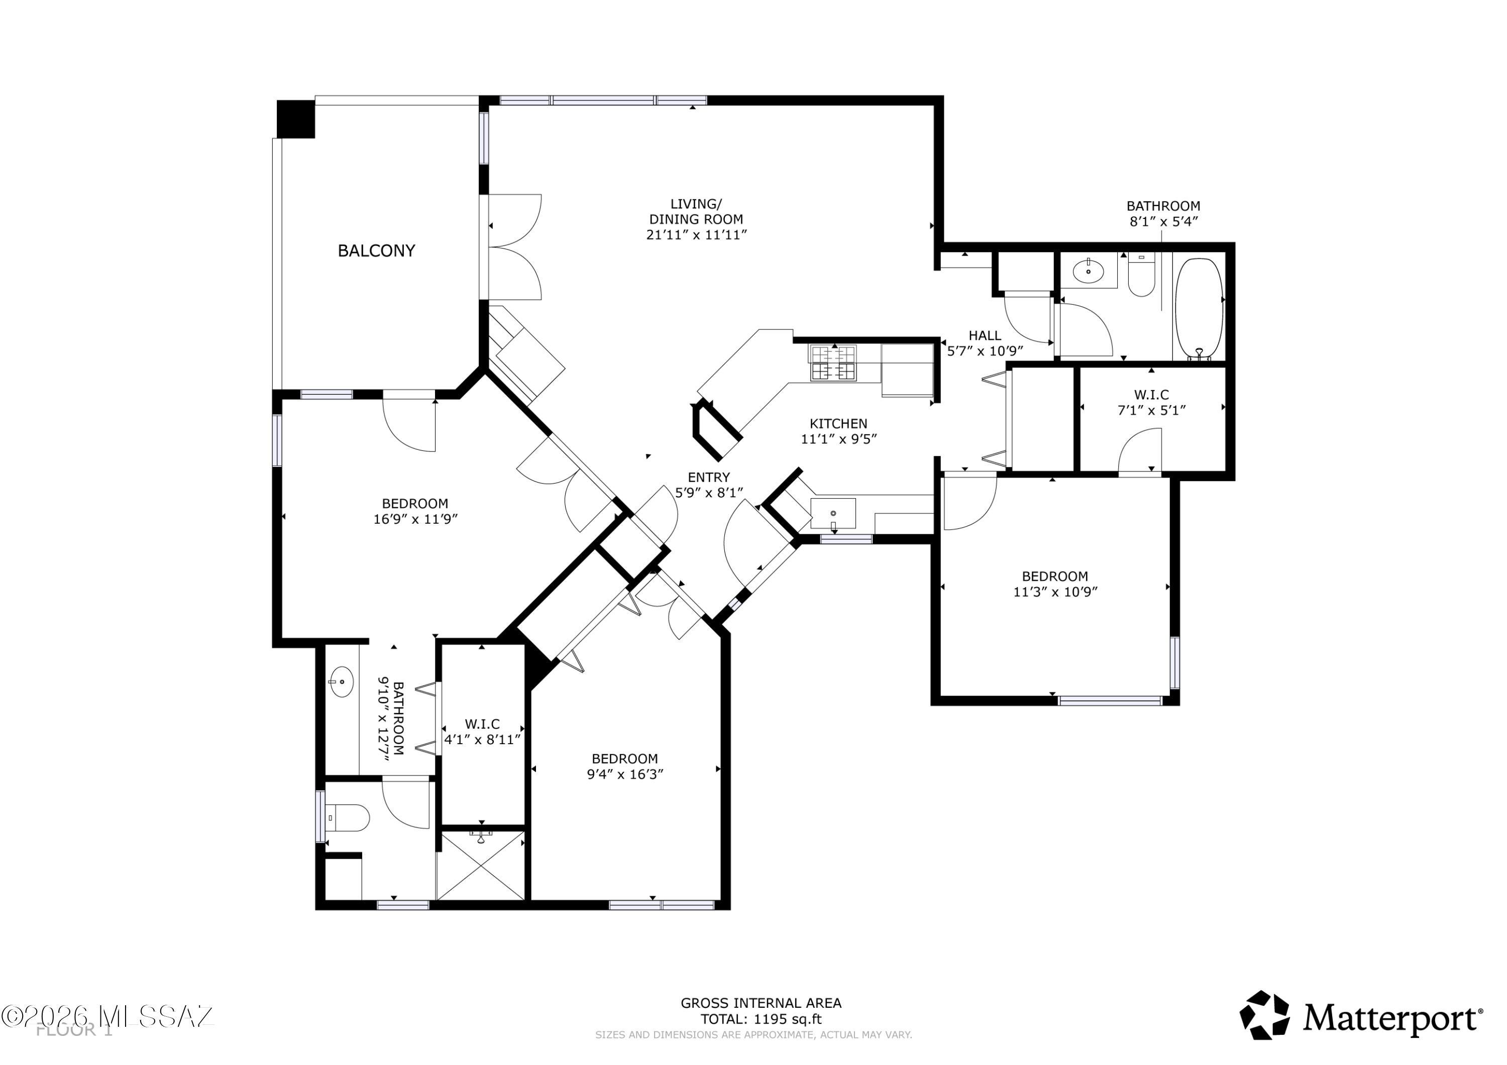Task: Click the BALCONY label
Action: [376, 251]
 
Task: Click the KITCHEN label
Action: [838, 424]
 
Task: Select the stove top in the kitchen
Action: [833, 363]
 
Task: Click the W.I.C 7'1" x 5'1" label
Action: [1151, 402]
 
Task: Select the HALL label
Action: [985, 336]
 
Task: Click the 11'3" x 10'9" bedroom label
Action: [1055, 584]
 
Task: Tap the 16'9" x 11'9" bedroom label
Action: [415, 511]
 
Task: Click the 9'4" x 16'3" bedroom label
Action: [624, 766]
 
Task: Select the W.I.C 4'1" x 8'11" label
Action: [482, 732]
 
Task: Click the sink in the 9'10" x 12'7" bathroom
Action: [341, 682]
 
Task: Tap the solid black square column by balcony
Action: [295, 119]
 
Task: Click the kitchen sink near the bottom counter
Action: [833, 513]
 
